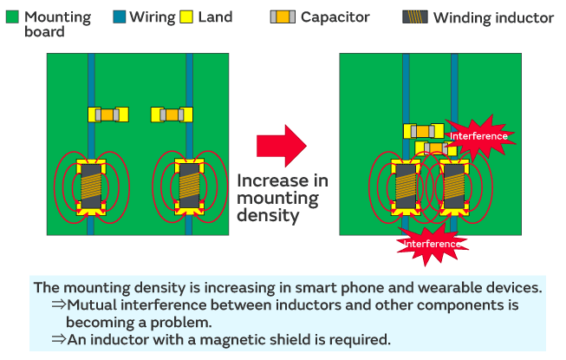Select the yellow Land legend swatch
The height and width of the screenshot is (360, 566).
coord(186,17)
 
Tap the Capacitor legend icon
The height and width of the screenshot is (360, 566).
coord(283,17)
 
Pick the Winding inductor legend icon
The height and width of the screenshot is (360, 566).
coord(415,17)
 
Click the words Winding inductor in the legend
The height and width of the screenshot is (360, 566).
coord(492,17)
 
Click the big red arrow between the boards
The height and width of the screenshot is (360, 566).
coord(282,142)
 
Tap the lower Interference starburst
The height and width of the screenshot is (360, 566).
coord(432,244)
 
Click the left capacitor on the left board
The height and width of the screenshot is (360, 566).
coord(108,115)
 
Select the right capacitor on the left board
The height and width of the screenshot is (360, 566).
coord(171,115)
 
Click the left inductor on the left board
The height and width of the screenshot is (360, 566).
coord(91,187)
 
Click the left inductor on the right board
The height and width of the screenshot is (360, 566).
coord(406,187)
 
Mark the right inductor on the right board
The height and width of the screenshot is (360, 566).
coord(454,187)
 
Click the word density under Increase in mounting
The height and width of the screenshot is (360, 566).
coord(269,217)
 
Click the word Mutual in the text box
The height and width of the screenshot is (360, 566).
coord(94,304)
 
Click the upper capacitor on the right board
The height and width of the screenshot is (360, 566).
coord(423,131)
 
